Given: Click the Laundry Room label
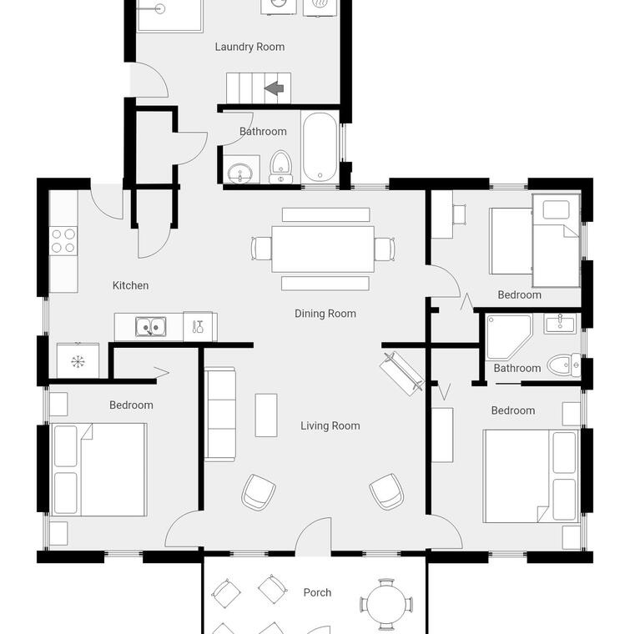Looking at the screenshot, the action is [249, 47].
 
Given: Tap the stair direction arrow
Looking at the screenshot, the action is [274, 88].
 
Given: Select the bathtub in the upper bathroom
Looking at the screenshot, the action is [320, 147].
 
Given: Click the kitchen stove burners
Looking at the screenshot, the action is [63, 240].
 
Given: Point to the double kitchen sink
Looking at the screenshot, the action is [150, 327].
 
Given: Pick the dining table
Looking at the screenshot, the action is [323, 249].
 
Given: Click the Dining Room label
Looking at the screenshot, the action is [325, 314].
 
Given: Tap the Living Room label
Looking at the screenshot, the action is [330, 425].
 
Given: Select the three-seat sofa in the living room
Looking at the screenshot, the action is [220, 414].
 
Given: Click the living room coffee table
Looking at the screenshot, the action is [266, 415].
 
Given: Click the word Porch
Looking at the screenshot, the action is [317, 593].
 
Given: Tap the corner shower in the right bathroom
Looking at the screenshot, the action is [509, 337].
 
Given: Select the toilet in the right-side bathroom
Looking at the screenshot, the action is [564, 365].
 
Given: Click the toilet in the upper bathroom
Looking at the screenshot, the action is [280, 167].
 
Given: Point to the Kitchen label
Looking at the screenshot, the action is [130, 285].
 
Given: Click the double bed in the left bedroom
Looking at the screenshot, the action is [98, 470].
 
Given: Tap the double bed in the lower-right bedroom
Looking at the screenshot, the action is [532, 475].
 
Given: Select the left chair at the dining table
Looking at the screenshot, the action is [262, 249].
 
